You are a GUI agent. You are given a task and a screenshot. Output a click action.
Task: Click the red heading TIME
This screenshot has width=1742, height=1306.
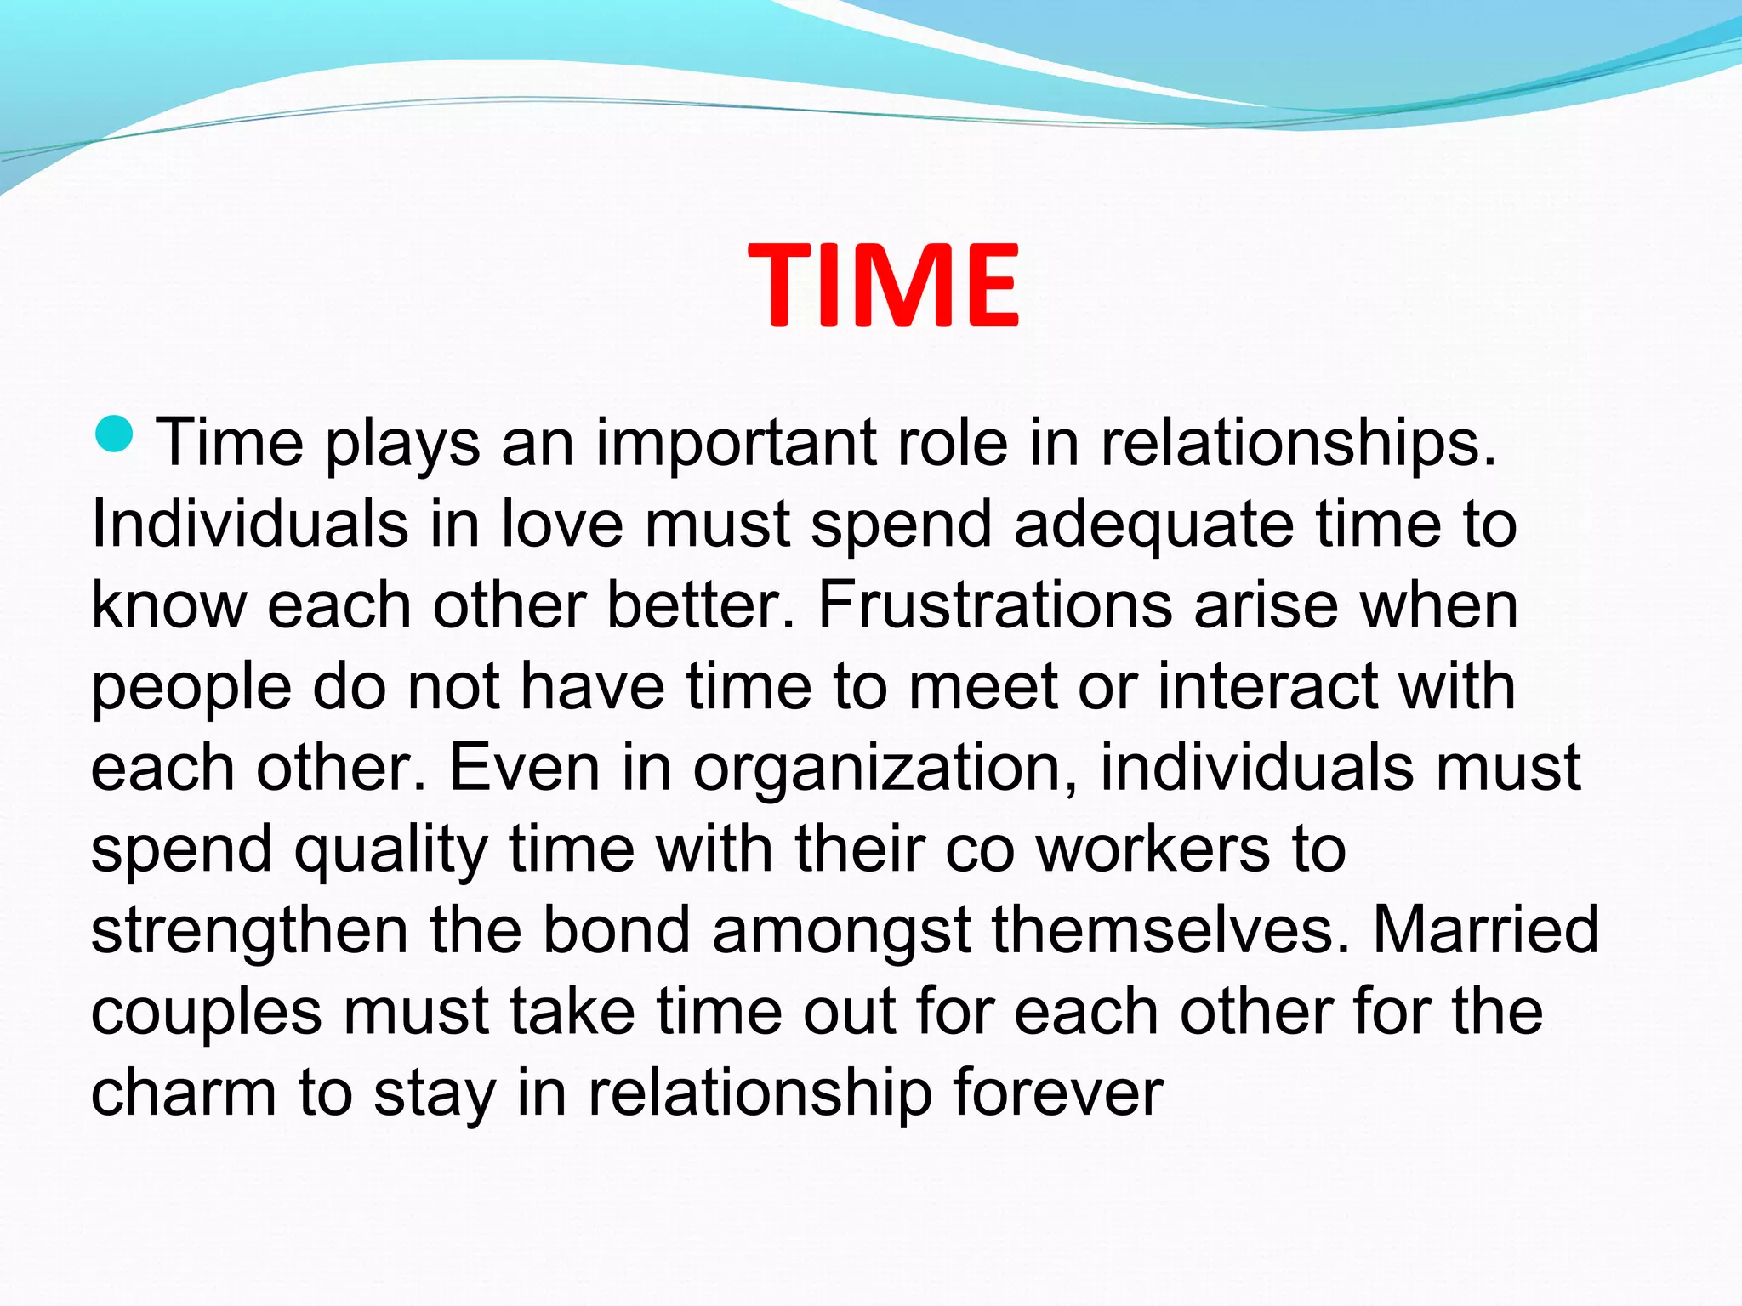(x=884, y=285)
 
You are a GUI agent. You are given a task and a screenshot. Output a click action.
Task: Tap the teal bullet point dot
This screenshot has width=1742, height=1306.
(x=114, y=433)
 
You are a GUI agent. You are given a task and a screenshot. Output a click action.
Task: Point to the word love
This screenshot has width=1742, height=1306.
(x=562, y=524)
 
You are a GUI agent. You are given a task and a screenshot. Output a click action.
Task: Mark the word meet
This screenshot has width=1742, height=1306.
(x=983, y=686)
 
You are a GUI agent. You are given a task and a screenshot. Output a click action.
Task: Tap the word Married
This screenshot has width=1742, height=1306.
(x=1485, y=929)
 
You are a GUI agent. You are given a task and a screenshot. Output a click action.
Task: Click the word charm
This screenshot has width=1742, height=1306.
(x=184, y=1093)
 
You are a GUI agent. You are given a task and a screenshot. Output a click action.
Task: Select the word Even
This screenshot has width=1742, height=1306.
(x=525, y=767)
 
